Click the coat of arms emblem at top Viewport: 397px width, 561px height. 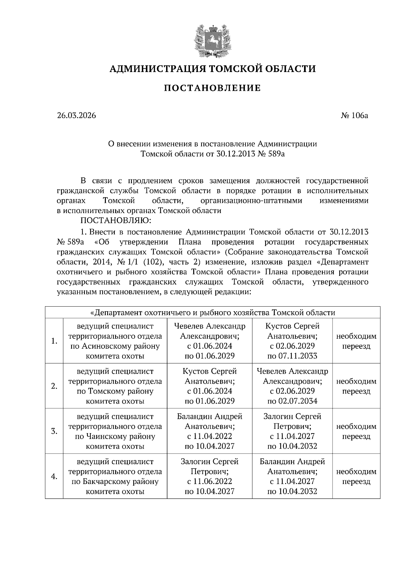point(212,40)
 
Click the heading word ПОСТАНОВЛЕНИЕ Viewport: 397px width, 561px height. point(212,88)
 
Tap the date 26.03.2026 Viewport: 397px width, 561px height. point(76,116)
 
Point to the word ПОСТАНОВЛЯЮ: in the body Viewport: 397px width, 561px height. point(116,220)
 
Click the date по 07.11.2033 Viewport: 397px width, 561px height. point(292,356)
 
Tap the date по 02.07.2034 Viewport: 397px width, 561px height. point(292,401)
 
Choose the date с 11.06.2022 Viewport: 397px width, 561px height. point(209,481)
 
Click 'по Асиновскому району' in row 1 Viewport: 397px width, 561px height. point(115,346)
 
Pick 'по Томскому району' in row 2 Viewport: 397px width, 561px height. point(115,391)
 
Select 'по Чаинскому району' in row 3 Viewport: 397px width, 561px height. point(115,436)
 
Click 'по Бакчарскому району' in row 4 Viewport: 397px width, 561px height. point(115,481)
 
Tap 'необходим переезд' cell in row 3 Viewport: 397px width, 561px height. point(356,431)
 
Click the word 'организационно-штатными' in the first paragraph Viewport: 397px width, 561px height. point(251,201)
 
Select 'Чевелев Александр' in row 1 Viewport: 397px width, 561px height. point(210,326)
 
